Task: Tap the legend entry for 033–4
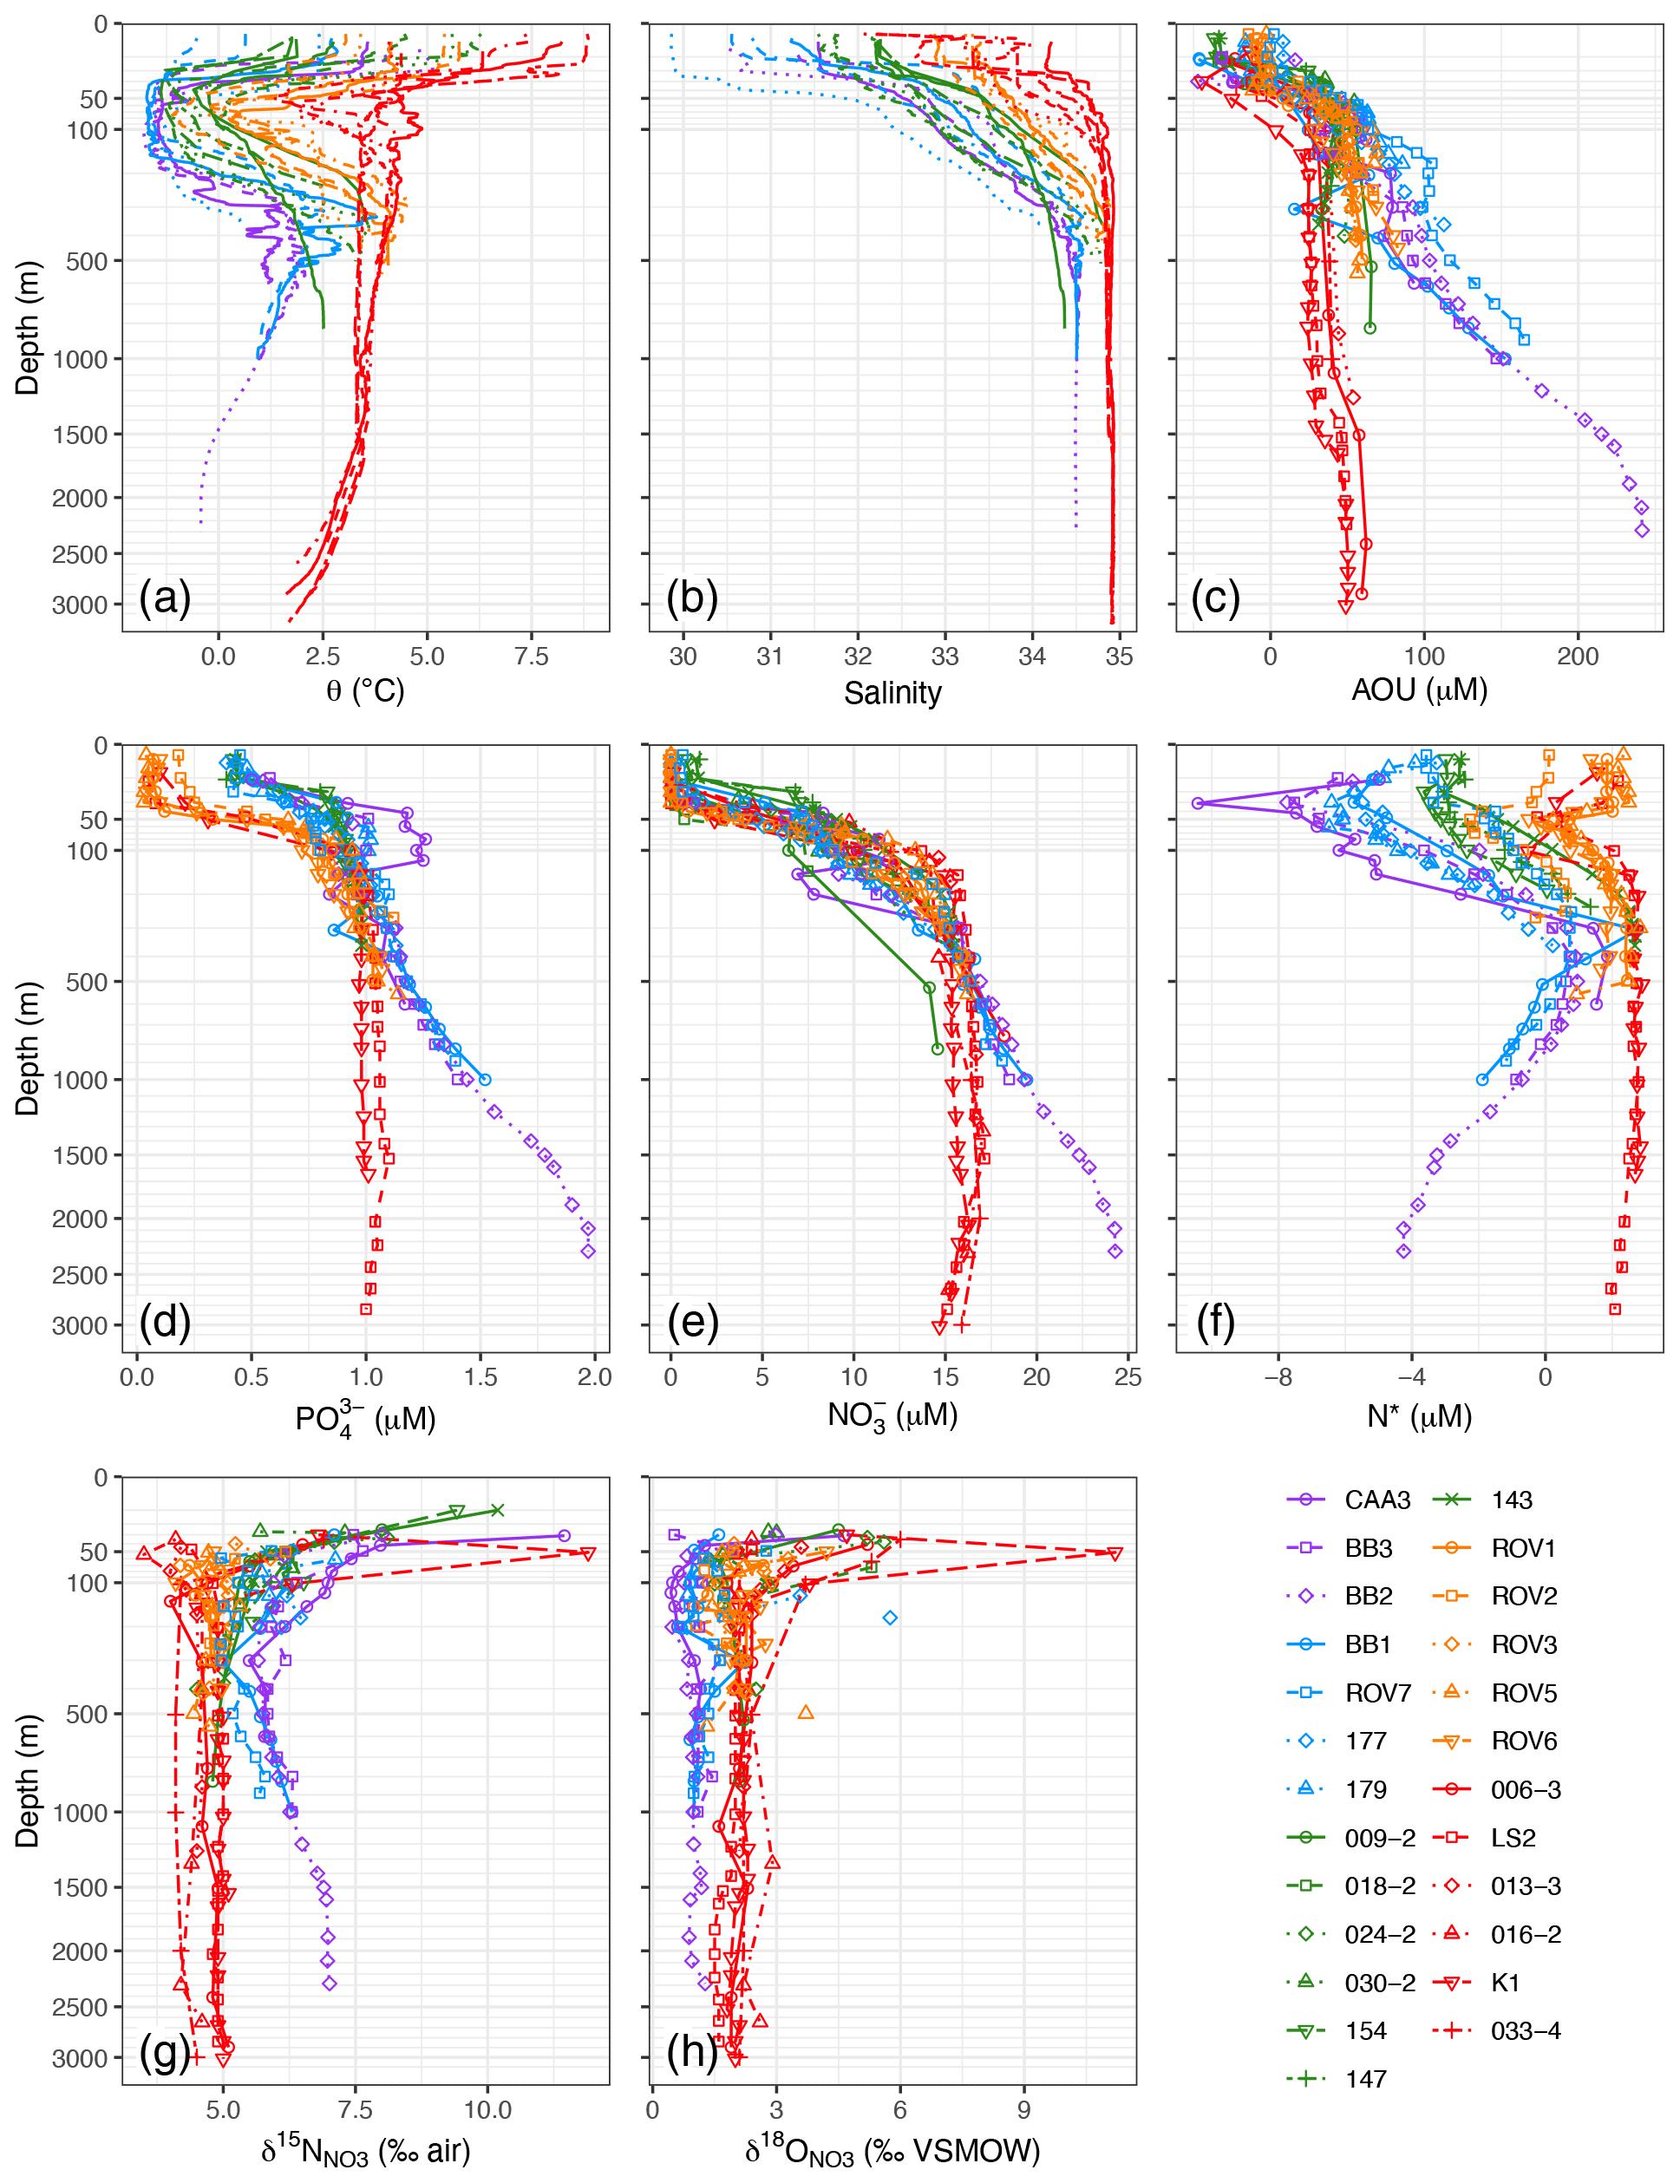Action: point(1525,2031)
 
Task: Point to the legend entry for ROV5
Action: point(1523,1693)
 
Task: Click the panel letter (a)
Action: point(165,598)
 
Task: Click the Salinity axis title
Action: point(892,693)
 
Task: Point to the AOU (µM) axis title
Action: point(1419,690)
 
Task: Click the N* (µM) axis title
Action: point(1419,1415)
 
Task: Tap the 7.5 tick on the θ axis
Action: point(531,657)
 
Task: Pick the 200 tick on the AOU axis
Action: point(1577,657)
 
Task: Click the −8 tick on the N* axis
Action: point(1278,1377)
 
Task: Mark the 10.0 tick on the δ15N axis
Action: point(487,2110)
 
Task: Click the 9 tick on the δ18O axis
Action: point(1023,2110)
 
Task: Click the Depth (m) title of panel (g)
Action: point(27,1781)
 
